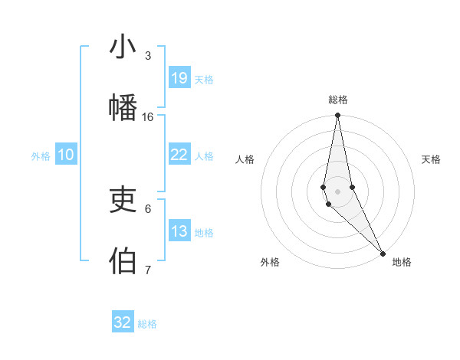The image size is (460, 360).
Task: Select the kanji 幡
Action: click(x=123, y=106)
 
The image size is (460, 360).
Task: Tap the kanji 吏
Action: click(x=123, y=201)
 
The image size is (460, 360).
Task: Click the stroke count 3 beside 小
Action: click(x=148, y=56)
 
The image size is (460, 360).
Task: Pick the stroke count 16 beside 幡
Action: click(x=148, y=116)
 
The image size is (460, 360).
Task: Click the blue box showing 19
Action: click(x=179, y=77)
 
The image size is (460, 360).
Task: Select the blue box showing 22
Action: click(x=179, y=155)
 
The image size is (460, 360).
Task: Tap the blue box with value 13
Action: click(x=179, y=231)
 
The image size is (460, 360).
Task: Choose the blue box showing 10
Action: click(x=66, y=155)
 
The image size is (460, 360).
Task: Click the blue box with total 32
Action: click(x=123, y=322)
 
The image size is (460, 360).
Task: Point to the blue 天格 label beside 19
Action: click(x=204, y=80)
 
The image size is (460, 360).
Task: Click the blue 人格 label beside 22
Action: click(x=204, y=156)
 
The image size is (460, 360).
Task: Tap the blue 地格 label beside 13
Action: click(x=204, y=233)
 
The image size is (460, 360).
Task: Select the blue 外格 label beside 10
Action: click(x=41, y=156)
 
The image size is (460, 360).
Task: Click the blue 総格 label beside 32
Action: click(x=147, y=324)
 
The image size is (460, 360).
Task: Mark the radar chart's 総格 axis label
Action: click(x=338, y=100)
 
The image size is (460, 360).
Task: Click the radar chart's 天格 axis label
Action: click(x=431, y=159)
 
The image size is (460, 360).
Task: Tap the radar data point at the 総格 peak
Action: click(x=337, y=116)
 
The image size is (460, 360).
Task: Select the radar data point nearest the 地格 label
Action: click(x=382, y=253)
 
